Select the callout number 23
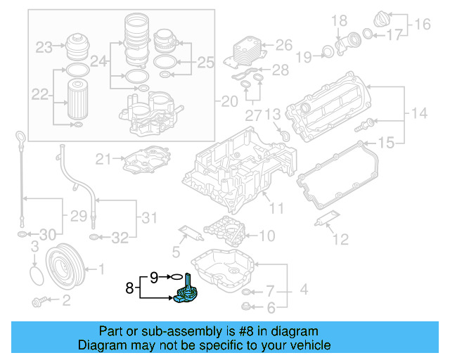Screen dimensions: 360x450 [x=44, y=48]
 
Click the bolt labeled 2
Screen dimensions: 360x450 [x=40, y=302]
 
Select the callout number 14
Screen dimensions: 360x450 [x=419, y=113]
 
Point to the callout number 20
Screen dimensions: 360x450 [x=230, y=102]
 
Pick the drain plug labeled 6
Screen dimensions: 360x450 [x=246, y=307]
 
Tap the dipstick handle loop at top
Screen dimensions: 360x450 [x=21, y=136]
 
